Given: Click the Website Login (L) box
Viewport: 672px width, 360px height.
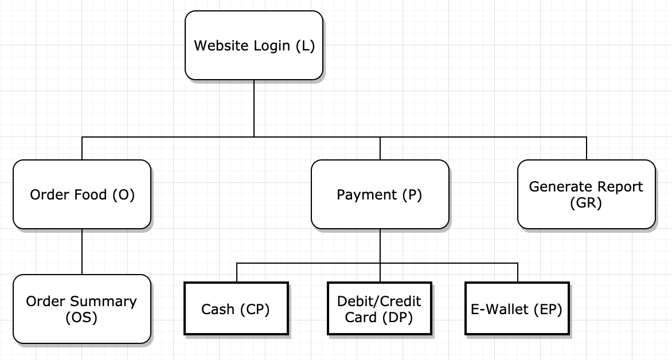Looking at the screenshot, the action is tap(253, 45).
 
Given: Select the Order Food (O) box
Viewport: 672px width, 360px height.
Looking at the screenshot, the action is tap(82, 194).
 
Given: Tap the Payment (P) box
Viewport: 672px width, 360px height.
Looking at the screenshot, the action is tap(380, 194).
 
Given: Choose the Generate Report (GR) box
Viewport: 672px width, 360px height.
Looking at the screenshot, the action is tap(587, 194).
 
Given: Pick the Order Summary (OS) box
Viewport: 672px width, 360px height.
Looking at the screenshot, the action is tap(82, 309).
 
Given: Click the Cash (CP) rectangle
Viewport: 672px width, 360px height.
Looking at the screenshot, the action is tap(236, 308).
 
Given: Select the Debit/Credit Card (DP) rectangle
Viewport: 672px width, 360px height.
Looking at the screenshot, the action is tap(379, 308).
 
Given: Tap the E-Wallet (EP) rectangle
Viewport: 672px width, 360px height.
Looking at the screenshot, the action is tap(517, 308).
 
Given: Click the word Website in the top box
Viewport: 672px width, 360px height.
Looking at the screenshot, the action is tap(221, 45).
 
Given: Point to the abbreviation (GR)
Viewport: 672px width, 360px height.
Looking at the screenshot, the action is tap(586, 202).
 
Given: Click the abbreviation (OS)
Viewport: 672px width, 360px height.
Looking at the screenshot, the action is tap(81, 317).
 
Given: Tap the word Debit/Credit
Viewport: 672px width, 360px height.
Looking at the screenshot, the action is tap(379, 302).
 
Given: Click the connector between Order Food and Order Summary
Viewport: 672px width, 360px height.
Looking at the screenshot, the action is tap(82, 252).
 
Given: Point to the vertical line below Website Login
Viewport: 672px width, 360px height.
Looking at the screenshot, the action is tap(253, 108).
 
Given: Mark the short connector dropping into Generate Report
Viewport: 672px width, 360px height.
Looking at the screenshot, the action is tap(587, 148).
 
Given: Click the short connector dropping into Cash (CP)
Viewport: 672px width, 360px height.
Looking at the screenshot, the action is tap(237, 272).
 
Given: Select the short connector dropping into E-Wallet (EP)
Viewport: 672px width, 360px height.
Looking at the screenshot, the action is tap(518, 272).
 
